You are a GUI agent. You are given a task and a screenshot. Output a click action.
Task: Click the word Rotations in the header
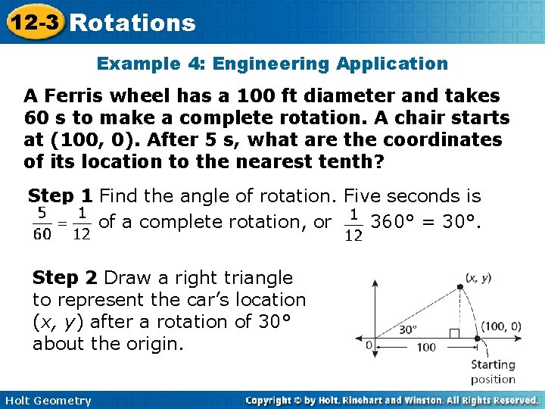[132, 23]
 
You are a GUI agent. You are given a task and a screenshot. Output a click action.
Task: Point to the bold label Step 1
[61, 197]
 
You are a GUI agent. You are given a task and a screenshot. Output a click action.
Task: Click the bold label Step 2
[65, 278]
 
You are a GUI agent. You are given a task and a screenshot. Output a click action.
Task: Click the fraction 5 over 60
[42, 223]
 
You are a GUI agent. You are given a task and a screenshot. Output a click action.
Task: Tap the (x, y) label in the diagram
[478, 278]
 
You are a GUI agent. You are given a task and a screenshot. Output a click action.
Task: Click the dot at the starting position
[478, 339]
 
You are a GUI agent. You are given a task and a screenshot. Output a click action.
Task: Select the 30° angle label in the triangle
[410, 329]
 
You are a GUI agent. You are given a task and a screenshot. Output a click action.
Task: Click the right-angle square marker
[456, 333]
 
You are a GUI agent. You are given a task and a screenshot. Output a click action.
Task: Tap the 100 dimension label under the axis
[426, 348]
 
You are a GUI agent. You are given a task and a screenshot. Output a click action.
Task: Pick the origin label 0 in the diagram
[369, 345]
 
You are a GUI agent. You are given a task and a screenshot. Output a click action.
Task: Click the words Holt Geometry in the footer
[47, 401]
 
